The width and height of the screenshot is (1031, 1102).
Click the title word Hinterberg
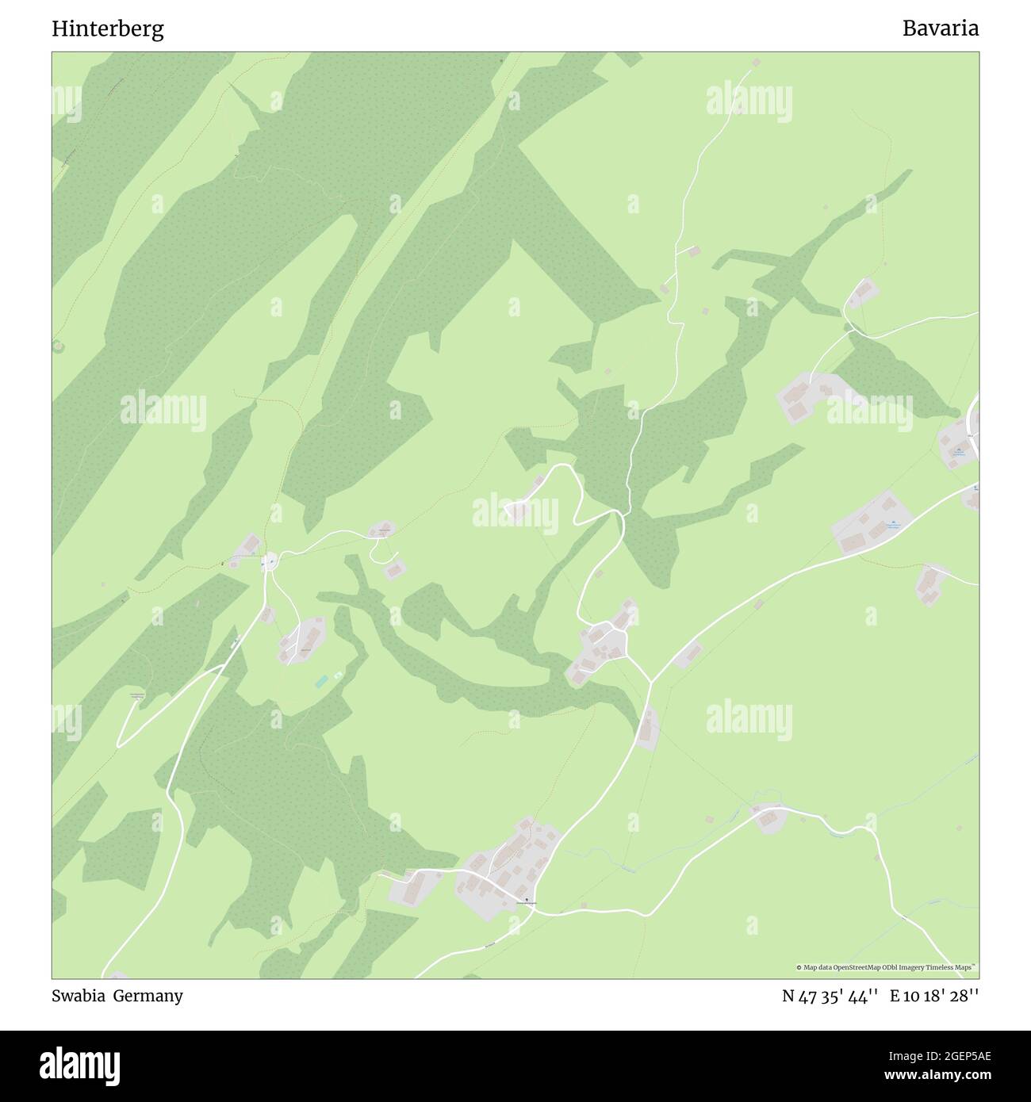click(x=108, y=29)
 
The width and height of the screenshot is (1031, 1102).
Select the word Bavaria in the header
click(x=940, y=29)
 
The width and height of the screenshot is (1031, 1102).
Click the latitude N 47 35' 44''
click(x=830, y=997)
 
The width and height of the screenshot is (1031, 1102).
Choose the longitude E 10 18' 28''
click(x=933, y=997)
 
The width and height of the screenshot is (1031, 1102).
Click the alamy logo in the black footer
click(x=79, y=1066)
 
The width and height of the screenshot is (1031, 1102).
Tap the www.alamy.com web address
click(x=932, y=1076)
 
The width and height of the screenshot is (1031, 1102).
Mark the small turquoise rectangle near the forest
click(x=321, y=681)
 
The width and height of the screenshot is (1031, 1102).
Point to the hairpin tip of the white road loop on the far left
click(x=119, y=744)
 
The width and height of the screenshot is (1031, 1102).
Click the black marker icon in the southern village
click(x=525, y=899)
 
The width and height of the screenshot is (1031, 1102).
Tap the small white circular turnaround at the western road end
click(x=270, y=561)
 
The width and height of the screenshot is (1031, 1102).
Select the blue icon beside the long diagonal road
click(x=893, y=522)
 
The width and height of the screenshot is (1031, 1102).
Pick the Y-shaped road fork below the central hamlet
click(x=650, y=681)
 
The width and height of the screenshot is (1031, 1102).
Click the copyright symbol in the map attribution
click(x=799, y=967)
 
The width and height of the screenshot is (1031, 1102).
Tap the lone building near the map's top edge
click(x=756, y=62)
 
